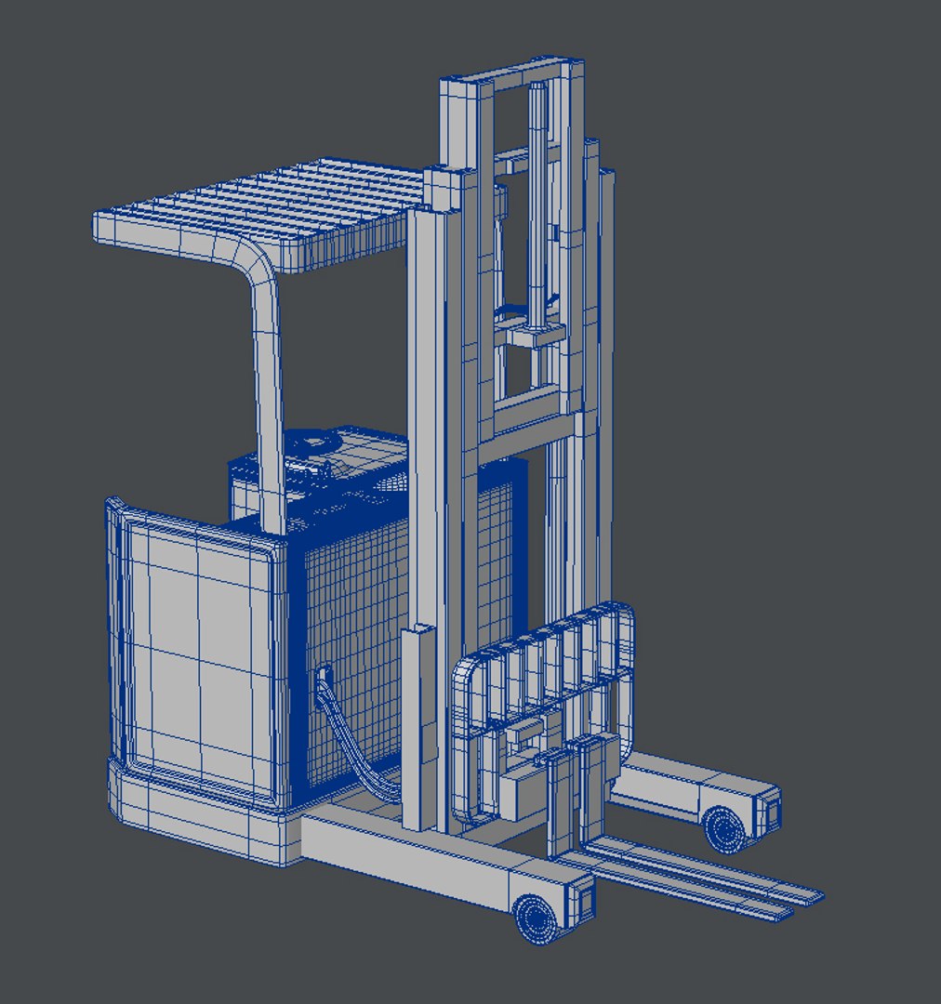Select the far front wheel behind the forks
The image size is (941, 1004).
[724, 826]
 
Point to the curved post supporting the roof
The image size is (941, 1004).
[266, 372]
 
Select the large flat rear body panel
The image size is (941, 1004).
[195, 651]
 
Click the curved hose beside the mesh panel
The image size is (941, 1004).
[358, 744]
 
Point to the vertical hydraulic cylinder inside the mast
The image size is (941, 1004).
[537, 205]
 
